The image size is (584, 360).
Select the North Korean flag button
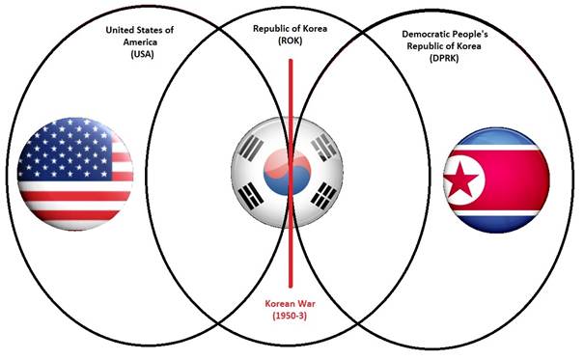pos(494,180)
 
